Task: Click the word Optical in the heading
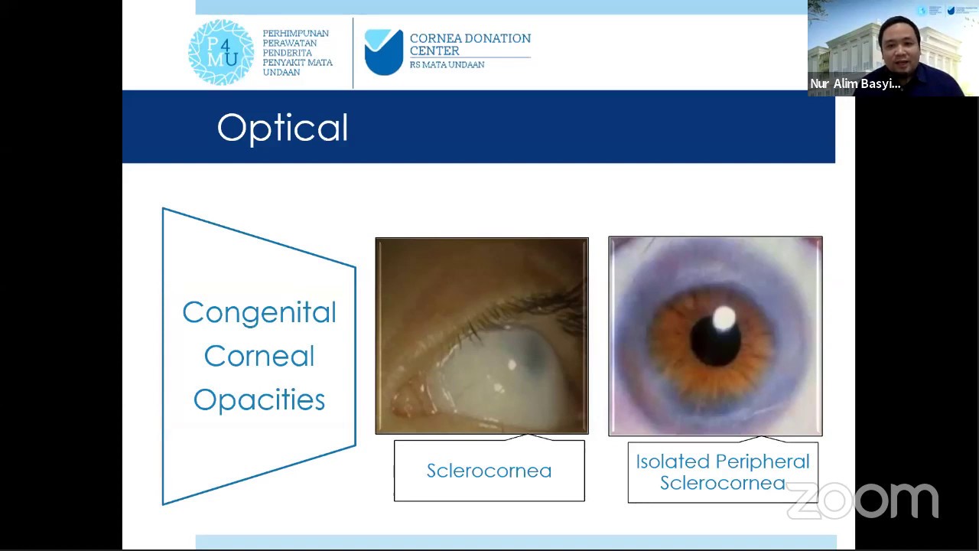coord(282,128)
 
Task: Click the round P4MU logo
coord(221,52)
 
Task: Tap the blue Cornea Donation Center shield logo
coord(383,52)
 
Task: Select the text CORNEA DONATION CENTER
coord(470,44)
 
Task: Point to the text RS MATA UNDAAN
coord(447,65)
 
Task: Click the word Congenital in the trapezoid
coord(259,312)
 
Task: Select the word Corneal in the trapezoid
coord(259,356)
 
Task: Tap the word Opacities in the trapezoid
coord(259,399)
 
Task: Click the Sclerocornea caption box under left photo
coord(489,471)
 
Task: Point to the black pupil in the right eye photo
coord(714,341)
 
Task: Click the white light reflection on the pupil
coord(724,318)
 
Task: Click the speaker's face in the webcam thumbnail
coord(899,51)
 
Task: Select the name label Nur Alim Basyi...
coord(855,84)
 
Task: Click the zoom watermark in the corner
coord(863,501)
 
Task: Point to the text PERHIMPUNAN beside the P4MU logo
coord(295,34)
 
